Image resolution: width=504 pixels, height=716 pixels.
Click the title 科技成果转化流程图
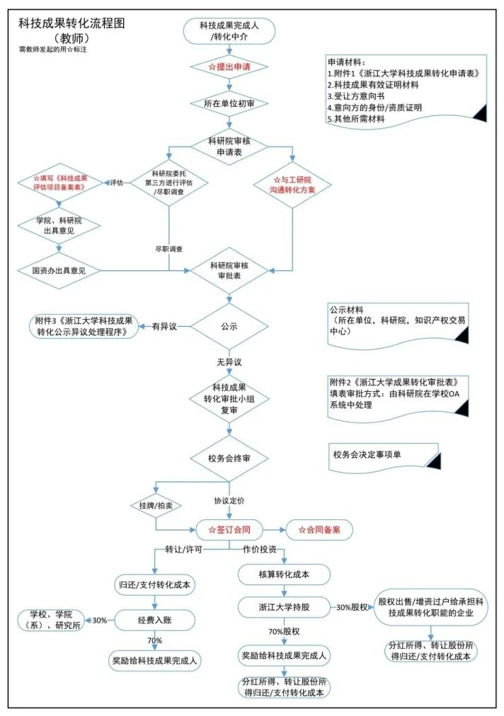pos(72,23)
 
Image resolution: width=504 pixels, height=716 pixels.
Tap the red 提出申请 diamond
pos(229,67)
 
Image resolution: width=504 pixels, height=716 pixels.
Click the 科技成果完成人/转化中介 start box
pos(229,30)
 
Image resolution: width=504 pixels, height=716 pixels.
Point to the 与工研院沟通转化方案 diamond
pos(292,185)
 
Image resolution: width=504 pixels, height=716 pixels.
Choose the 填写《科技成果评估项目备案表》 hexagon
pos(60,182)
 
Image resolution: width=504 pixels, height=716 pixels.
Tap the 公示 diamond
pos(229,328)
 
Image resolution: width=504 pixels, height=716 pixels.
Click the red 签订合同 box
pos(229,529)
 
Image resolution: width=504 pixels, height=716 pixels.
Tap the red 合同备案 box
pos(318,529)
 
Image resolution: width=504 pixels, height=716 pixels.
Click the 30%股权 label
pos(352,607)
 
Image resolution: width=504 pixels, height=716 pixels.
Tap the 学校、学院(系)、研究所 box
pos(51,620)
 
